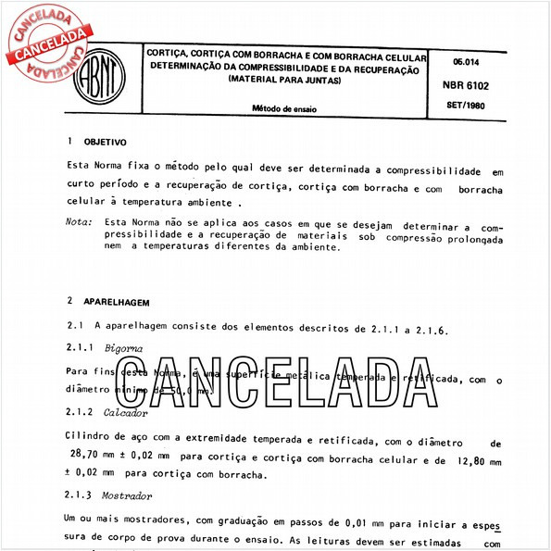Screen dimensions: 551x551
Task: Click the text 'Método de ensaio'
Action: (284, 108)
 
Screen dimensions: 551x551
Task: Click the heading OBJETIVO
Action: (105, 144)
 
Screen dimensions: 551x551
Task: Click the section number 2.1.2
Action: (81, 411)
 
